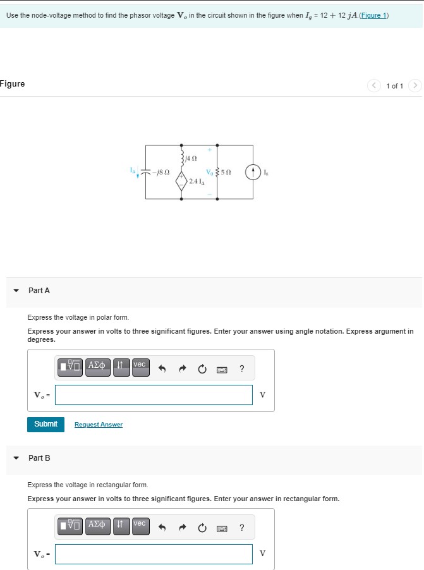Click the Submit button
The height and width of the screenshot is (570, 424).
tap(45, 424)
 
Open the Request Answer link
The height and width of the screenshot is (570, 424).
tap(99, 425)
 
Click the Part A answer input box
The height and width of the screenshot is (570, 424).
tap(154, 395)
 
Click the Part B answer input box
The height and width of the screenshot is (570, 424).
tap(154, 554)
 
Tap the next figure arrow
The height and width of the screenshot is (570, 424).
tap(415, 85)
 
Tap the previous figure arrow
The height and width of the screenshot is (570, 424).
tap(375, 85)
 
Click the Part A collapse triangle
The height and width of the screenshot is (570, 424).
tap(16, 291)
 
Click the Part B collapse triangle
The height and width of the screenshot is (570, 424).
tap(16, 458)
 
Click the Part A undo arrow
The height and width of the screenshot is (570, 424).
tap(162, 370)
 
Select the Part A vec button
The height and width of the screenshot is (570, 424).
tap(140, 367)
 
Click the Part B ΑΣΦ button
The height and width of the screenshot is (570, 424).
tap(97, 526)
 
